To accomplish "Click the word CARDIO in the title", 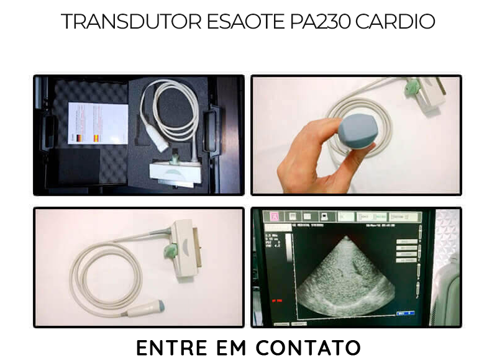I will tap(395, 22).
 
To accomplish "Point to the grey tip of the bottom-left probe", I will tap(160, 307).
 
